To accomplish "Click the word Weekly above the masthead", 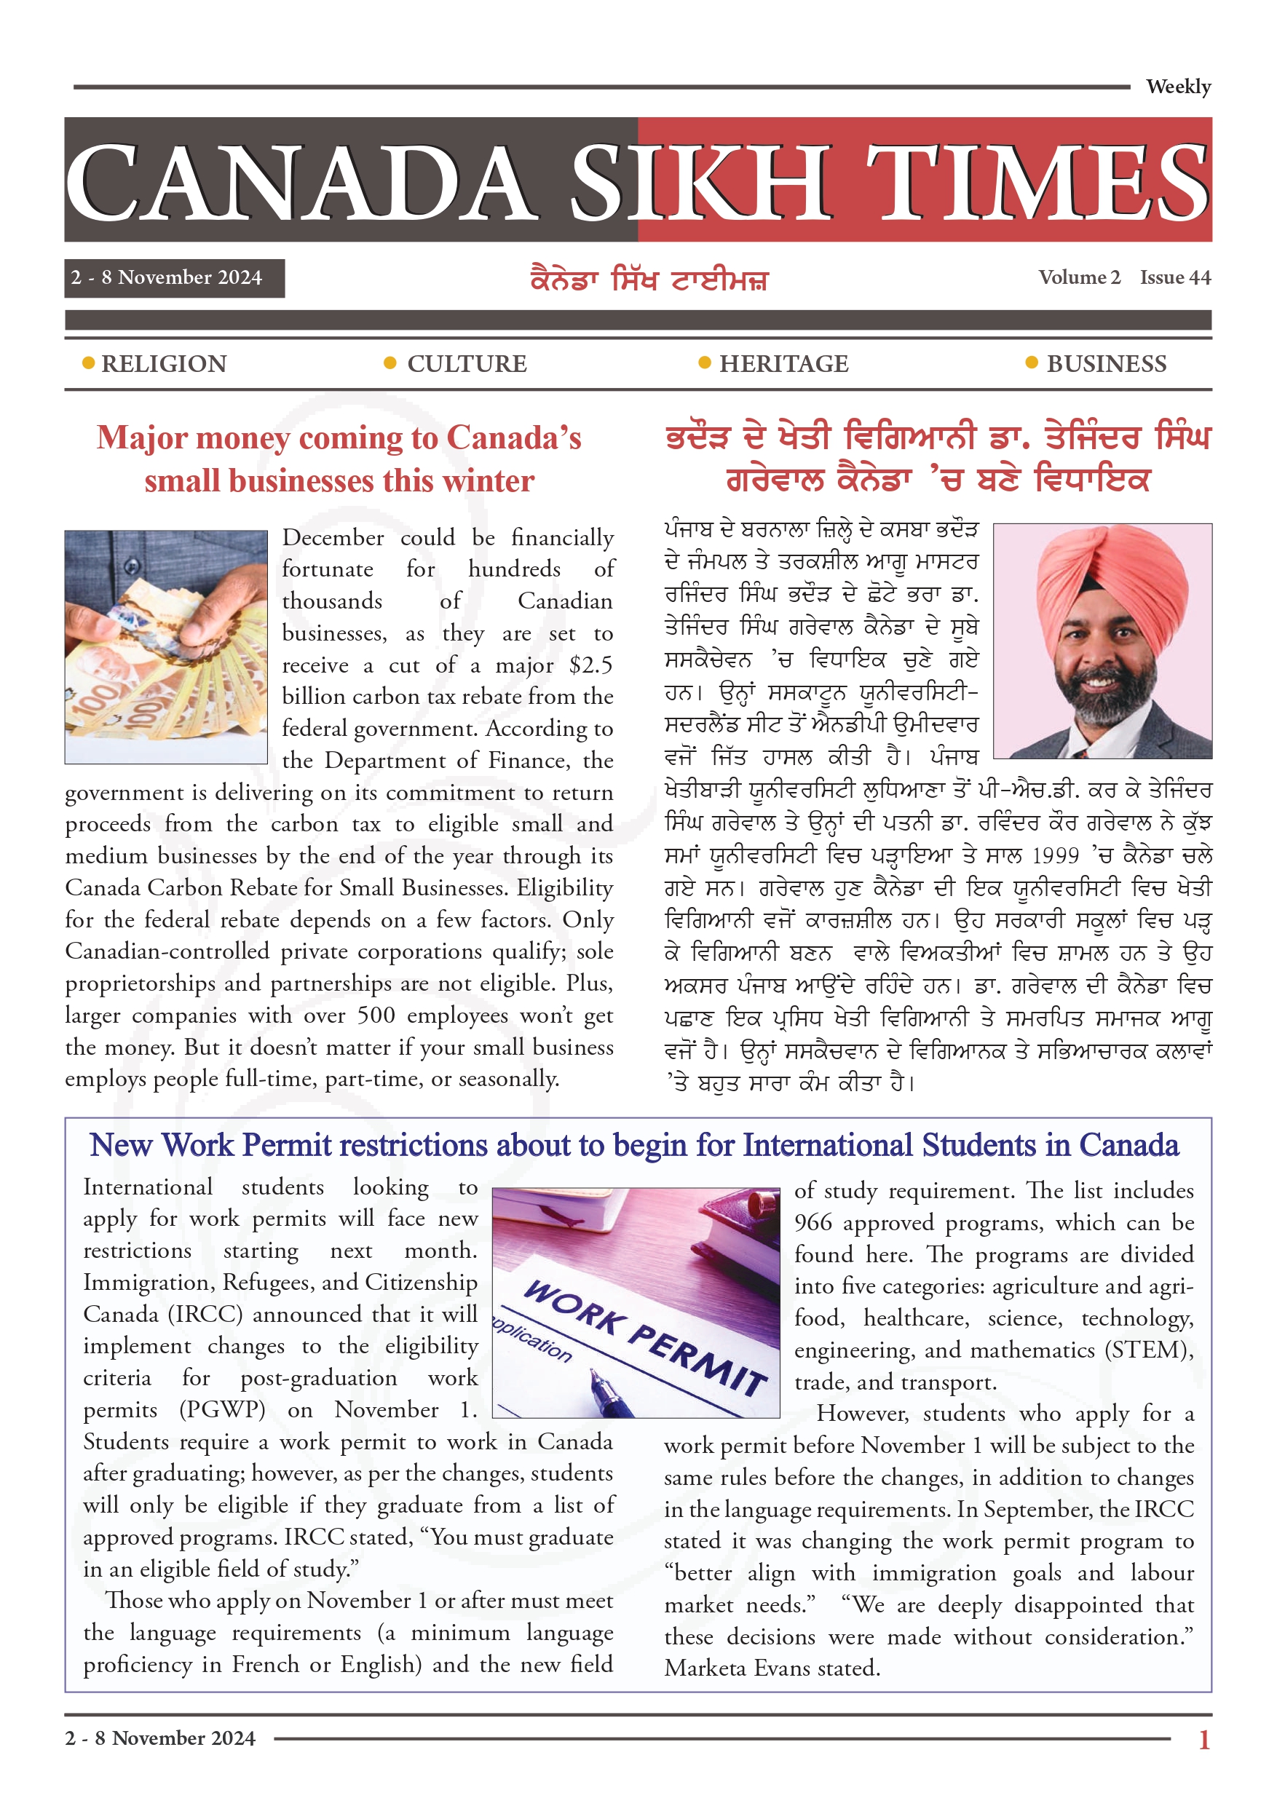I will [1177, 87].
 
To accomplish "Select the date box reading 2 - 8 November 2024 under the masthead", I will [174, 277].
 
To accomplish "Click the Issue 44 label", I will [1175, 277].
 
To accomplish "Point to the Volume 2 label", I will [1079, 277].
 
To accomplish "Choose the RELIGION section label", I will [164, 363].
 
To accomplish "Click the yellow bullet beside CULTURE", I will [390, 363].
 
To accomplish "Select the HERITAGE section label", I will [783, 363].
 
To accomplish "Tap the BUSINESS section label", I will [1105, 363].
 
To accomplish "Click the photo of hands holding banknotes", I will [166, 646].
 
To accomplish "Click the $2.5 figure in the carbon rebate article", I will [590, 665].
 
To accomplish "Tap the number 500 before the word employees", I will [376, 1015].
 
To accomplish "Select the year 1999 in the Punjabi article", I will [1055, 856].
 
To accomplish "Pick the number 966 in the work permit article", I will [813, 1223].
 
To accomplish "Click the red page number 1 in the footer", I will [1203, 1739].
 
